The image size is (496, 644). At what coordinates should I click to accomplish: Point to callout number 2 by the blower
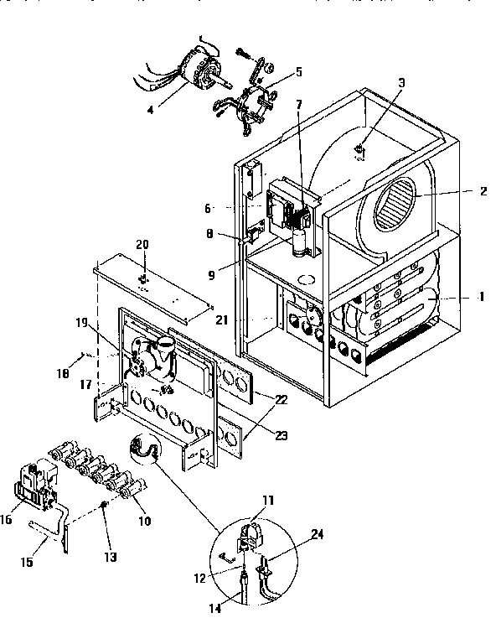point(483,191)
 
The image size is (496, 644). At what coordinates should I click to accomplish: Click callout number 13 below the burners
point(111,557)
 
